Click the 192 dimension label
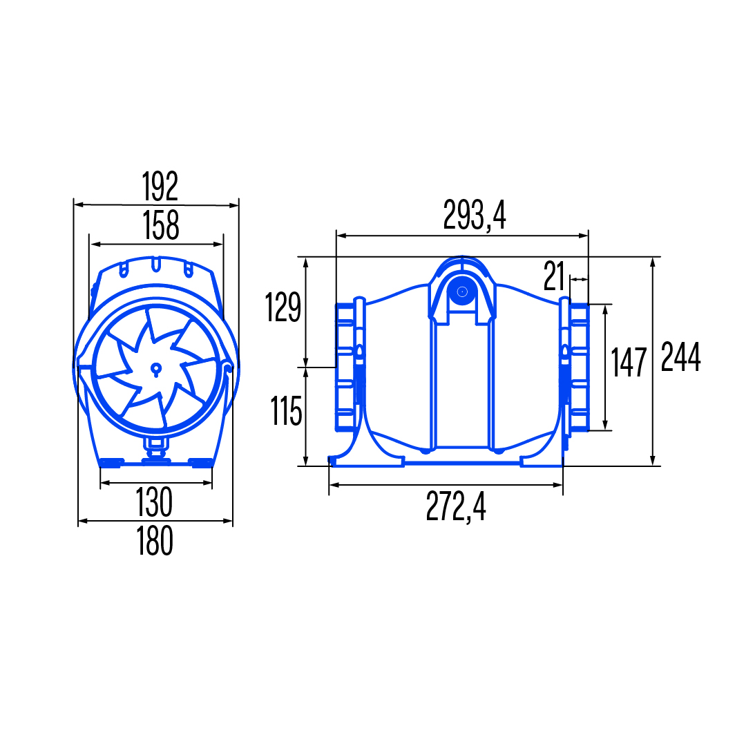pos(160,186)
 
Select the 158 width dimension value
pos(161,225)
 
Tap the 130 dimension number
pos(154,502)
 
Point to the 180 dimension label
pos(155,541)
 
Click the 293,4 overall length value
pos(475,215)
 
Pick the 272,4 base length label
pos(456,506)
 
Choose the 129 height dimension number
pos(283,307)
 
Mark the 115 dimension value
pos(286,411)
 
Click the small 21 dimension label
pos(554,276)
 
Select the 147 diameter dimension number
pos(629,362)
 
